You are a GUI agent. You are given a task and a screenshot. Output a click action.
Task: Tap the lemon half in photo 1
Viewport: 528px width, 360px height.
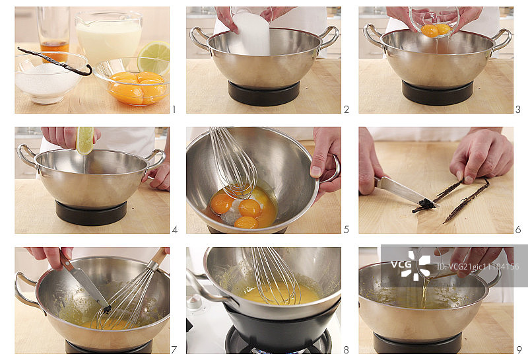tap(154, 57)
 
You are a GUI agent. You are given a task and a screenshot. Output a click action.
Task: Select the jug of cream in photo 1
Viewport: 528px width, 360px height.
tap(108, 36)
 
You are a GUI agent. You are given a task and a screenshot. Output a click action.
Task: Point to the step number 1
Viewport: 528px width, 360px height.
tap(174, 109)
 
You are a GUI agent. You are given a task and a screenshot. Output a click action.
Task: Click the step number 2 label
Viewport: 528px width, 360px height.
tap(346, 109)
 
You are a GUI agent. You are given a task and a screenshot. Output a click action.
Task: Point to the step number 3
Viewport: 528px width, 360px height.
tap(518, 109)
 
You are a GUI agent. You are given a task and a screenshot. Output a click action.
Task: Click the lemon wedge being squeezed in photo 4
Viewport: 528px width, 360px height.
tap(85, 140)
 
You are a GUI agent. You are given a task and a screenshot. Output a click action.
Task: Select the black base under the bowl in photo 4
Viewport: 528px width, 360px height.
tap(91, 213)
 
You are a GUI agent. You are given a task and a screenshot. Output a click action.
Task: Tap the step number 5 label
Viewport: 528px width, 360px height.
tap(346, 230)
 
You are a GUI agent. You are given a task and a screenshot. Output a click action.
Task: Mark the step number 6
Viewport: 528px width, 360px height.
tap(518, 230)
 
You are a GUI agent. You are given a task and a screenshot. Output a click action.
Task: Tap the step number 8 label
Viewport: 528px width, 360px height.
tap(346, 350)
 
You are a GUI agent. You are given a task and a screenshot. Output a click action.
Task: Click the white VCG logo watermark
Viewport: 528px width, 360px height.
tap(411, 265)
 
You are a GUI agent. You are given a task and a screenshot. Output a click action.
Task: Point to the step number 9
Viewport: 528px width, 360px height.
tap(519, 350)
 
